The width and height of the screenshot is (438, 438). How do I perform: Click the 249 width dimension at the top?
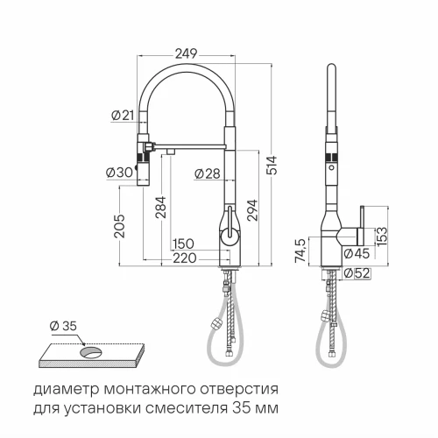click(x=186, y=53)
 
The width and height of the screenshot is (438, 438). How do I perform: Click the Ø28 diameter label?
click(x=205, y=173)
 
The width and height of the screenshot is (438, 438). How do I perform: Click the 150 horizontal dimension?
click(x=182, y=244)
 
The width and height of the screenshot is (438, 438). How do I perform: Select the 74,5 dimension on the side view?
click(x=300, y=251)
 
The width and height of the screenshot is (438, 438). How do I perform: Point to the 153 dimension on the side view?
click(x=382, y=236)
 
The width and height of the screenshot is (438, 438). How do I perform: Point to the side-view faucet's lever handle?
click(x=358, y=224)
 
